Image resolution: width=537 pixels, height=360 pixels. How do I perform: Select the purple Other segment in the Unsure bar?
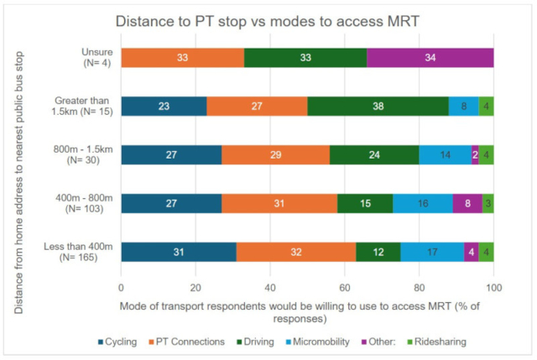coord(430,57)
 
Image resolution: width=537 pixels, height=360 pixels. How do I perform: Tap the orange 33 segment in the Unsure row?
coord(183,57)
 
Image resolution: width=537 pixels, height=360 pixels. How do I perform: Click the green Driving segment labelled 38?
coord(378,106)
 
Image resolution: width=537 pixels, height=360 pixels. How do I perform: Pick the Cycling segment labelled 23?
coord(164,106)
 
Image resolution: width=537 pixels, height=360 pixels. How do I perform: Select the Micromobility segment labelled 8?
coord(463,106)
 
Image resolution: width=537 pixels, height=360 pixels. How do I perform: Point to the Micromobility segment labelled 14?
coord(445,154)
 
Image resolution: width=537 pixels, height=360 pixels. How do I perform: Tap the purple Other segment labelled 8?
coord(467,203)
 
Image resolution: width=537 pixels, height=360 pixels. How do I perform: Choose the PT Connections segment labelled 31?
coord(279,203)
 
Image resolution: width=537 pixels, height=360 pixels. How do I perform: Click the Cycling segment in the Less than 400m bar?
coord(179,252)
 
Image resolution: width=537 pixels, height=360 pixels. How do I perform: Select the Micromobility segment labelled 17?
coord(431,252)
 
